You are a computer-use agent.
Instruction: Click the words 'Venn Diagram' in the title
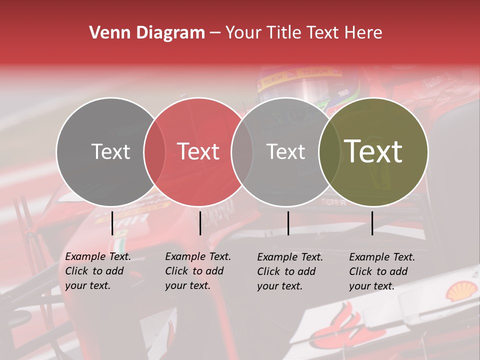tap(147, 33)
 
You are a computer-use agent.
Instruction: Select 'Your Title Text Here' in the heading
tap(303, 33)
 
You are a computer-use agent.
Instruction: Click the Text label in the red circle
tap(198, 151)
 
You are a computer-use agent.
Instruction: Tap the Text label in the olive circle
tap(373, 151)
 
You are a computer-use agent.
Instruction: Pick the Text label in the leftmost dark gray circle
tap(110, 151)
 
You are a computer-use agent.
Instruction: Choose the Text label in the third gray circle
tap(286, 151)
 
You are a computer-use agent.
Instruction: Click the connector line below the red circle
tap(200, 223)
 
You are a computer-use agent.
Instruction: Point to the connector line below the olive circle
tap(372, 223)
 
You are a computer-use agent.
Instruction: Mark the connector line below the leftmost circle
tap(112, 223)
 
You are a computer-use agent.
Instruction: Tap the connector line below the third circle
tap(288, 223)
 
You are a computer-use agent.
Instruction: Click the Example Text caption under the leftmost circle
tap(98, 271)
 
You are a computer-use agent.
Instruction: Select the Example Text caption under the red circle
tap(198, 271)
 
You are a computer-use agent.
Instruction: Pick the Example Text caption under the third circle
tap(290, 271)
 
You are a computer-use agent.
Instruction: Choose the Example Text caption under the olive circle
tap(382, 271)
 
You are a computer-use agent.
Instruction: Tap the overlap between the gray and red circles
tap(154, 151)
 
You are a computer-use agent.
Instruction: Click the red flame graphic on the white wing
tap(345, 325)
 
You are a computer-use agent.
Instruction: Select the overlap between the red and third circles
tap(242, 151)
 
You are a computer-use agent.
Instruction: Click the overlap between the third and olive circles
tap(329, 151)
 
